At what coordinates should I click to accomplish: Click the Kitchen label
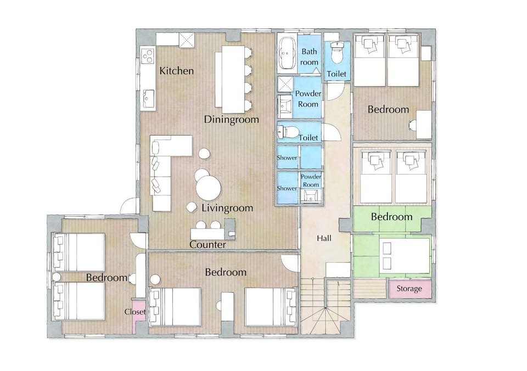click(x=176, y=71)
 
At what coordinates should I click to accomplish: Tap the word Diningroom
click(x=232, y=120)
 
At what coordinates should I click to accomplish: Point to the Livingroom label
click(x=227, y=208)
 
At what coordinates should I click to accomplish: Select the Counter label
click(x=208, y=245)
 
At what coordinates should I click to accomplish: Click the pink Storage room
click(x=410, y=289)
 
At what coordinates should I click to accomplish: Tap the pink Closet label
click(x=135, y=312)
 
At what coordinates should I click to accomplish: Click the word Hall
click(x=324, y=238)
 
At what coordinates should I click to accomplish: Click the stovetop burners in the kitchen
click(x=148, y=55)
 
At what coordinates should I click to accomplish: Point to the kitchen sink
click(x=148, y=99)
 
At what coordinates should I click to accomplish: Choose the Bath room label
click(x=309, y=57)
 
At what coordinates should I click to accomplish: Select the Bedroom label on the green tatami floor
click(x=391, y=217)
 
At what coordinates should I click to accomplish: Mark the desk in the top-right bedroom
click(x=424, y=125)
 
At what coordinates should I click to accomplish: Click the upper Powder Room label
click(x=308, y=99)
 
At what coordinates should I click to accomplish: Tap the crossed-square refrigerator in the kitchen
click(x=187, y=40)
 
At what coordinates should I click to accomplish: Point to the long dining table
click(x=230, y=80)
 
